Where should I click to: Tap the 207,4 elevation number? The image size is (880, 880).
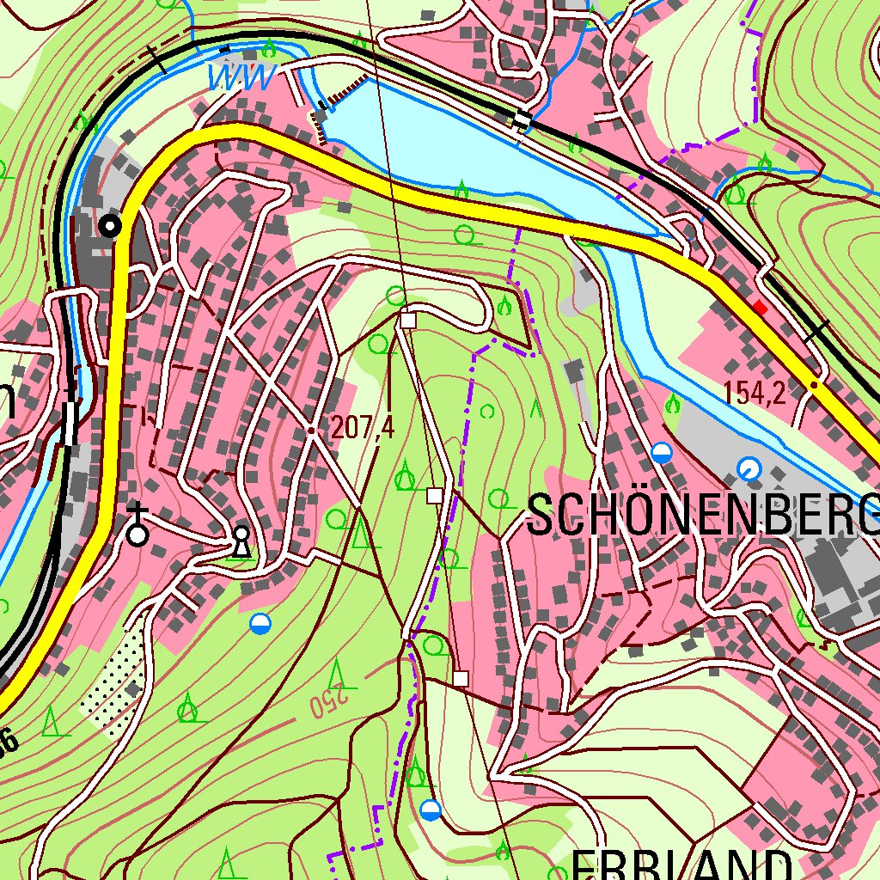[362, 428]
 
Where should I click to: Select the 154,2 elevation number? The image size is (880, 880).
[755, 393]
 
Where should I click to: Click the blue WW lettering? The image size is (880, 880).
[242, 78]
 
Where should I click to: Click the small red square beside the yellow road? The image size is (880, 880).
[759, 307]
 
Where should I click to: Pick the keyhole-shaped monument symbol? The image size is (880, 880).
[241, 541]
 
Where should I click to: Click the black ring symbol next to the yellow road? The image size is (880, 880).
[110, 226]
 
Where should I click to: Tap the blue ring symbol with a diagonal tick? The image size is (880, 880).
[749, 468]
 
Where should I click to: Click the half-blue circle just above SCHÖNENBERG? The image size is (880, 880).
[661, 452]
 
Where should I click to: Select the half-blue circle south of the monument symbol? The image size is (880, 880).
[260, 624]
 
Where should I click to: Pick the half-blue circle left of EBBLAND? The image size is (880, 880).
[431, 810]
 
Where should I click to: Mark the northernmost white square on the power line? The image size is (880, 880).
[407, 321]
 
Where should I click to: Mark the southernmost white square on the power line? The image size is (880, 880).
[461, 679]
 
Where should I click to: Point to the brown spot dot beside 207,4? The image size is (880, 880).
[311, 431]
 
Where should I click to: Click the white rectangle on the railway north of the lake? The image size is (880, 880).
[522, 120]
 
